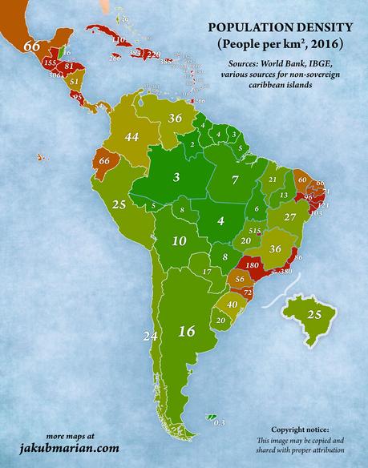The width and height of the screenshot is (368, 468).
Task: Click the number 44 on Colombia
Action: (x=132, y=138)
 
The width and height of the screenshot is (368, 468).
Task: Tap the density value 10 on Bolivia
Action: (x=180, y=240)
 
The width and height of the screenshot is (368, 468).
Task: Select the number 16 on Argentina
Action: (x=187, y=330)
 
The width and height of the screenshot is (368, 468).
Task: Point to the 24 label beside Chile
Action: (x=148, y=335)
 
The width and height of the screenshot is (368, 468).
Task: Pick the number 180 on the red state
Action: (x=251, y=265)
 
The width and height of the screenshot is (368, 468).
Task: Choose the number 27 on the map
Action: (x=291, y=217)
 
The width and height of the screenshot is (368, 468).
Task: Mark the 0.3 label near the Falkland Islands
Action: (x=221, y=422)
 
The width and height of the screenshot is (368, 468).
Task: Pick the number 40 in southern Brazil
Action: (x=232, y=305)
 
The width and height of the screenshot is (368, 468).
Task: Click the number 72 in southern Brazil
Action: (x=247, y=294)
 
